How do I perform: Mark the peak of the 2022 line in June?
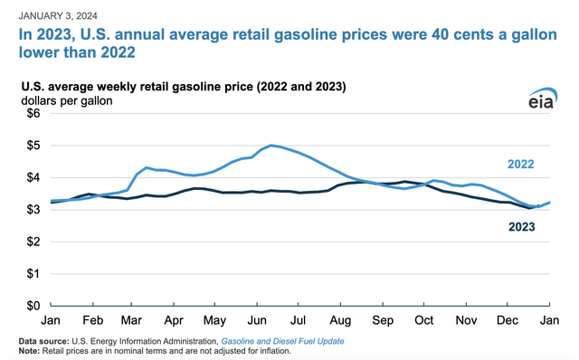(x=271, y=145)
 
